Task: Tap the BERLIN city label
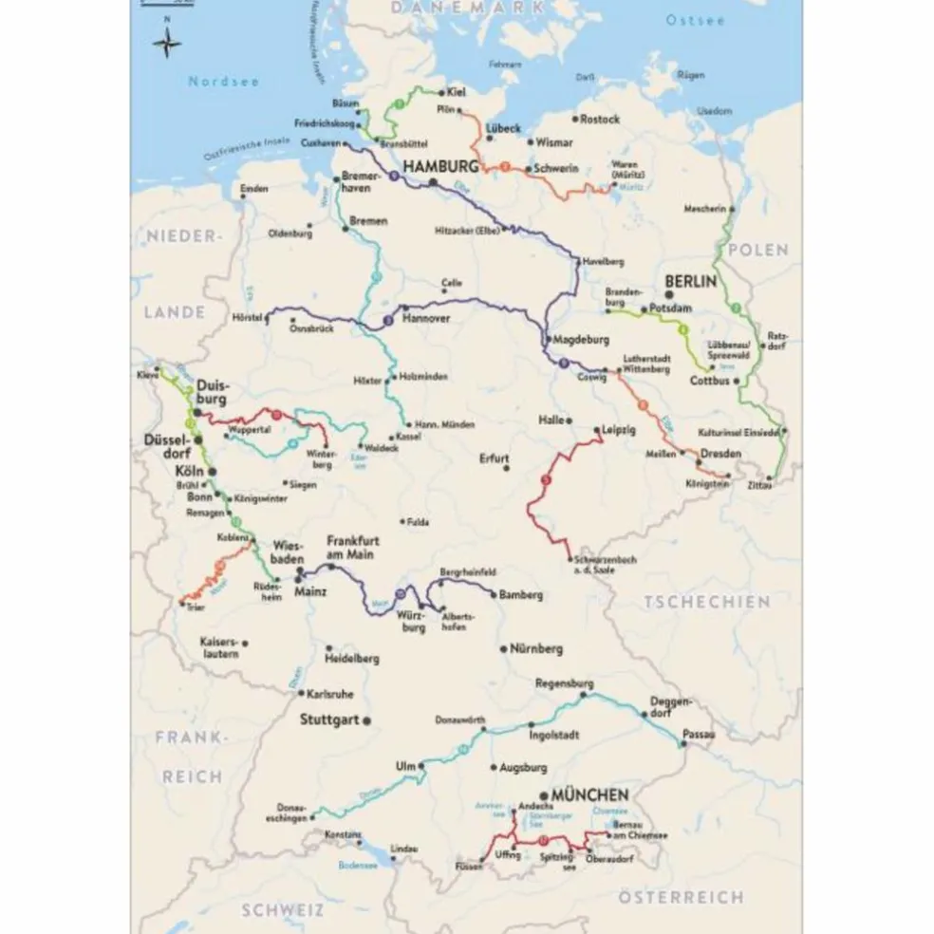(x=691, y=282)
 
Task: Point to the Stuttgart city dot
(x=365, y=719)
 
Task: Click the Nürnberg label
(x=536, y=649)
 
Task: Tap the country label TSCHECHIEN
(x=706, y=602)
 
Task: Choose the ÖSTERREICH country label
(x=681, y=897)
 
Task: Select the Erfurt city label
(x=494, y=458)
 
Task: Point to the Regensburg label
(x=564, y=683)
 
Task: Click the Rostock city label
(x=600, y=120)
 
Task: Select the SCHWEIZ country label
(x=282, y=909)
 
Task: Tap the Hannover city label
(x=425, y=319)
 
